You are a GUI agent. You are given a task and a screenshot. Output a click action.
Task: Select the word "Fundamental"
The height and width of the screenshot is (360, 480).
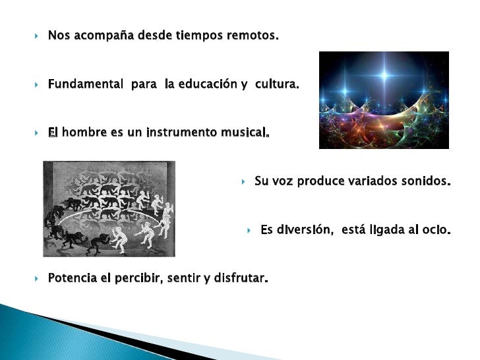[85, 84]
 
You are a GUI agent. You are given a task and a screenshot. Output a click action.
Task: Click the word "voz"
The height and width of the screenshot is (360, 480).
[284, 181]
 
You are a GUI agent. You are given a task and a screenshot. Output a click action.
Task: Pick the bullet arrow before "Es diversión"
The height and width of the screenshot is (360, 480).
[250, 231]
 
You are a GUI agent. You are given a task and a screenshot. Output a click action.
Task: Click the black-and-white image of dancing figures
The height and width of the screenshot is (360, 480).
[109, 208]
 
